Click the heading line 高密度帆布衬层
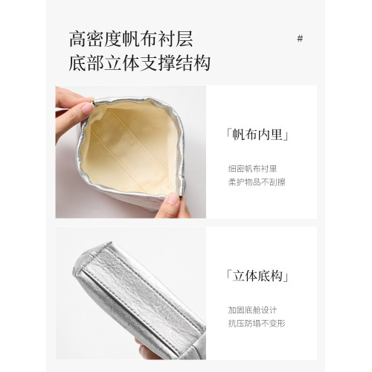[131, 39]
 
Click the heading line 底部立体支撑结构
[140, 63]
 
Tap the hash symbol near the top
[300, 39]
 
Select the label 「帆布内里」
[257, 135]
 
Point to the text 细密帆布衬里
[252, 169]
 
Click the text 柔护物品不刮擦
[257, 182]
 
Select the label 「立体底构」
[257, 276]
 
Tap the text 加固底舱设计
[252, 310]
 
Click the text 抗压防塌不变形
[257, 324]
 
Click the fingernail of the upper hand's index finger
[88, 108]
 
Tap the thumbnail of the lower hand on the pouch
[173, 199]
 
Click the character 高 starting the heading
[77, 39]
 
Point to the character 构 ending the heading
[202, 63]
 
